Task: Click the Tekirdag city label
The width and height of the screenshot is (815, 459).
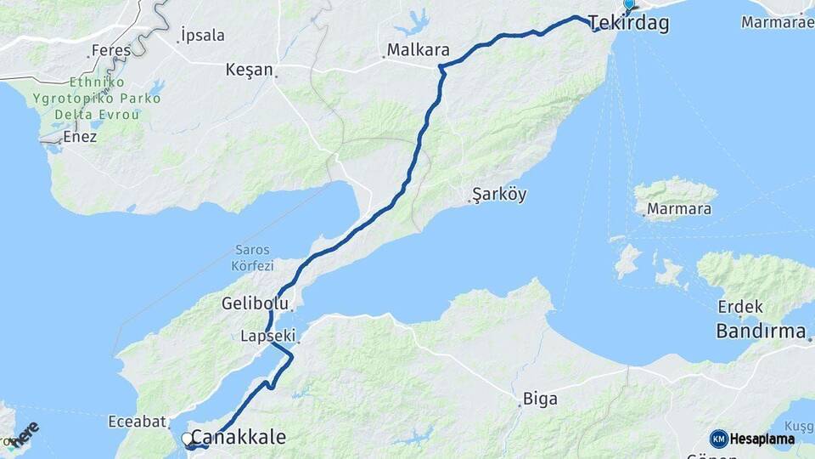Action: click(629, 24)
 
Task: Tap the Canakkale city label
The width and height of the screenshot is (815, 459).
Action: click(239, 437)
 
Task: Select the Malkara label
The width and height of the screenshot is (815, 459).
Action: click(418, 50)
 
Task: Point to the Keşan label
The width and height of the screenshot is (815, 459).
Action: click(249, 70)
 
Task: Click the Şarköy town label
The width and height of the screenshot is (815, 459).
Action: click(499, 195)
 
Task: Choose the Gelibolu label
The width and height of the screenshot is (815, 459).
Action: click(255, 303)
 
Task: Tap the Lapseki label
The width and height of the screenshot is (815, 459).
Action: click(266, 337)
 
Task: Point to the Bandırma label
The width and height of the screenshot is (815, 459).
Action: click(761, 331)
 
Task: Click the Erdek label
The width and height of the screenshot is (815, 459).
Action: click(740, 307)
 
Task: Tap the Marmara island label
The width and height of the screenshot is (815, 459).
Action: click(679, 208)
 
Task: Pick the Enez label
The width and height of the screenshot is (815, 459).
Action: click(80, 137)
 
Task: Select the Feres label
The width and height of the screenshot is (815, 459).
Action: click(111, 51)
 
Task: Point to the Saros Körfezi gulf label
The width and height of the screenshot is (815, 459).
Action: click(252, 258)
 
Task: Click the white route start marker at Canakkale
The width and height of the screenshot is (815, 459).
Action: click(187, 439)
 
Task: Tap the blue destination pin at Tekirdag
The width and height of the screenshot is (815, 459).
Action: click(629, 5)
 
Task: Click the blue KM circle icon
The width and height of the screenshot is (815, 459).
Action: click(718, 439)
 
